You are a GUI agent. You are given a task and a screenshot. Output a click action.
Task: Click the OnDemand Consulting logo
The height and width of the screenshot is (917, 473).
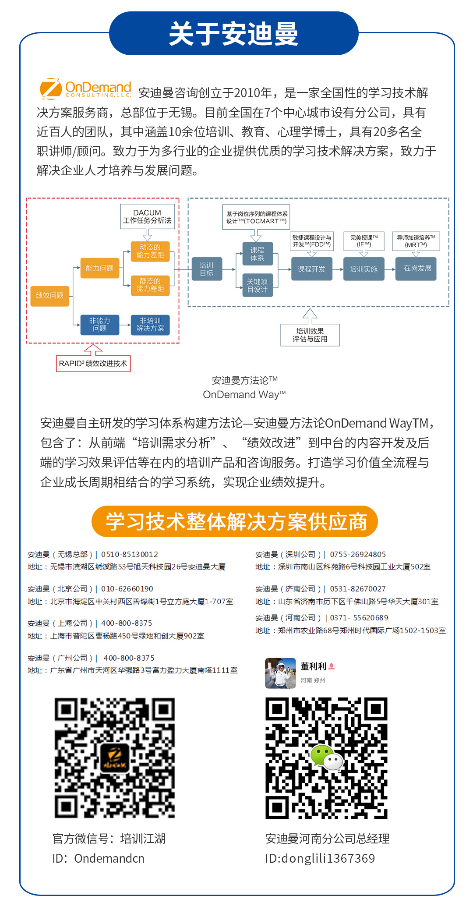coord(85,89)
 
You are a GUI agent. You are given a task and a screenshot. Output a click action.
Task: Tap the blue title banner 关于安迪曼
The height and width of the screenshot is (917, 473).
coord(234,33)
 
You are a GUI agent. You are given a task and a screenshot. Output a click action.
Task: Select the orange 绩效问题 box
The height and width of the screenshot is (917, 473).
coord(50,296)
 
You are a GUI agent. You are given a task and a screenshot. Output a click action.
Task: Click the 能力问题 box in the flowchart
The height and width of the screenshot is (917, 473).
coord(100,268)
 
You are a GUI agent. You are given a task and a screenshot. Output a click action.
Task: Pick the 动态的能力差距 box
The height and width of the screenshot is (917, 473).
coord(150,251)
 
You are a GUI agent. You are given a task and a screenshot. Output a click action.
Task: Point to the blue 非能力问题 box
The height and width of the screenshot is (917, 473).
coord(100,325)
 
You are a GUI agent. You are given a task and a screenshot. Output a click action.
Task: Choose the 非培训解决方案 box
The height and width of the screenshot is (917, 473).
coord(150,325)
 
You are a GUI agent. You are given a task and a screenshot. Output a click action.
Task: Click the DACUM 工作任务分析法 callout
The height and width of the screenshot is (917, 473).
coord(148,216)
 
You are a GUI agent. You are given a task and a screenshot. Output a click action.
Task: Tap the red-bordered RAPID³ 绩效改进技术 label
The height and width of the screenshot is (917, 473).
coord(93,364)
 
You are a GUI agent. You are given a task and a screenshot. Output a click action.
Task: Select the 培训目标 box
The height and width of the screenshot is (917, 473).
coord(207,269)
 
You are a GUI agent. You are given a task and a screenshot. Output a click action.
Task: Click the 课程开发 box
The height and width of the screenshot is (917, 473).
coord(312,269)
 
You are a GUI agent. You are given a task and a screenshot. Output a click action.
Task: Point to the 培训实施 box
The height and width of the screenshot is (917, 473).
coord(364,269)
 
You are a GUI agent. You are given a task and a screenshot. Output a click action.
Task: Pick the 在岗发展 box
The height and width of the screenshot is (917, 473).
coord(417,269)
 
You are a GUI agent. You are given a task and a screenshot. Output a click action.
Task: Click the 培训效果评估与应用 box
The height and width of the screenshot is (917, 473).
coord(310,335)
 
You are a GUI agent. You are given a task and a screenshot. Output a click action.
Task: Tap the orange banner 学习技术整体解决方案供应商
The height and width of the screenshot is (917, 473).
coord(235,521)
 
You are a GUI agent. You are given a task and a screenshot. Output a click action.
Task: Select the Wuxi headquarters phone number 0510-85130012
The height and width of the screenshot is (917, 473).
coord(130,555)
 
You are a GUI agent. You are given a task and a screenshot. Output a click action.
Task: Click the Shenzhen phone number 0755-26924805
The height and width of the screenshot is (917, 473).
coord(358,555)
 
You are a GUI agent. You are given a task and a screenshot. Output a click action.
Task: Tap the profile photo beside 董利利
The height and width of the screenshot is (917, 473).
coord(280,673)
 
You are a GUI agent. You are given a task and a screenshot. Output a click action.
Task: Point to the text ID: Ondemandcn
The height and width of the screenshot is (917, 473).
coord(99,858)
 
